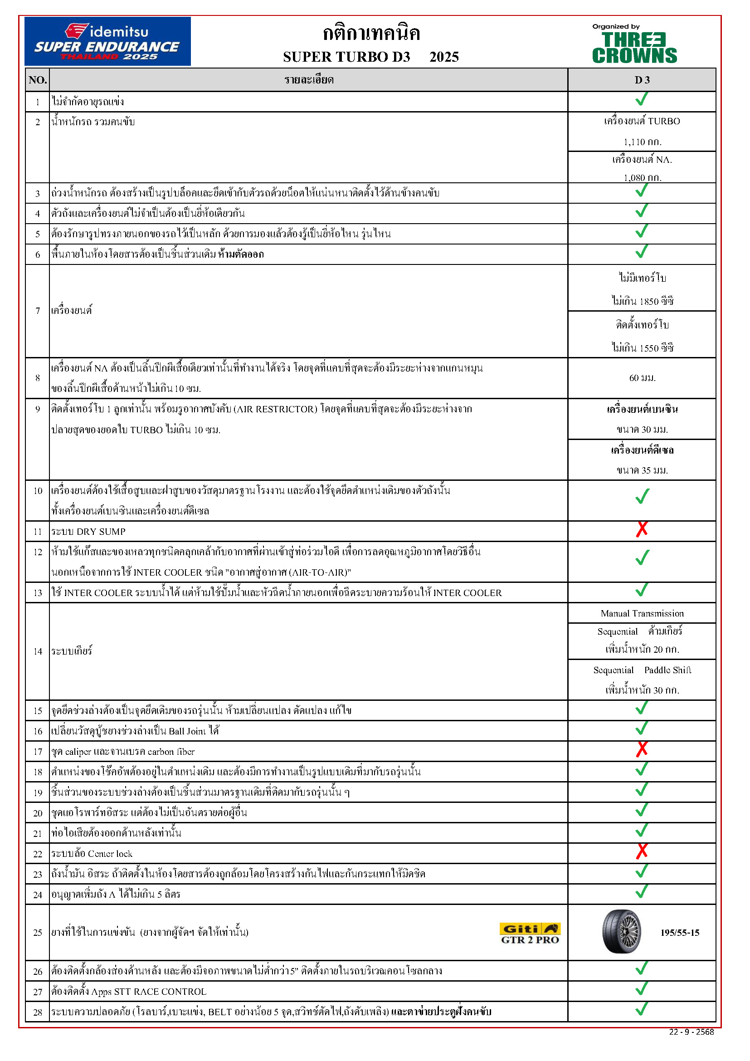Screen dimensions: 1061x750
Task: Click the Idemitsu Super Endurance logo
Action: click(x=107, y=41)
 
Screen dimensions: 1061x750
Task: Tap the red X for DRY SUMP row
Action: click(x=642, y=529)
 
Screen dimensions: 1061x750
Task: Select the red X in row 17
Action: click(x=642, y=749)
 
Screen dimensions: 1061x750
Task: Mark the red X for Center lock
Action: click(x=642, y=851)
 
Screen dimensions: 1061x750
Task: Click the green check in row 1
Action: click(x=642, y=99)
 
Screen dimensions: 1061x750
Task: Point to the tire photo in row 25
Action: click(x=622, y=932)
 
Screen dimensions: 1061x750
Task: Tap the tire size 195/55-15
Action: click(x=680, y=933)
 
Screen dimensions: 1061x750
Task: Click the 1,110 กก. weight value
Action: click(x=642, y=142)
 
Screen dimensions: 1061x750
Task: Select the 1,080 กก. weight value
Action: click(x=642, y=177)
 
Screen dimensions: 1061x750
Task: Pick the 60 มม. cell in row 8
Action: click(x=642, y=378)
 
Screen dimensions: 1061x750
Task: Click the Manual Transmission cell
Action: click(x=642, y=613)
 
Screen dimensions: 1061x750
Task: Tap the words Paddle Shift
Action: click(x=668, y=670)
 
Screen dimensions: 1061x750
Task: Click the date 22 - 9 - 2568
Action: click(x=692, y=1032)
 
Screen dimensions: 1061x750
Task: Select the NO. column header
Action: click(x=37, y=80)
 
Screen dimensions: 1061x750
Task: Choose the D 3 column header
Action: click(x=642, y=80)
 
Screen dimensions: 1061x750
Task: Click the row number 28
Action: click(x=37, y=1012)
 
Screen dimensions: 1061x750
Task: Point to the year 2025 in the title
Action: click(x=444, y=57)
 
